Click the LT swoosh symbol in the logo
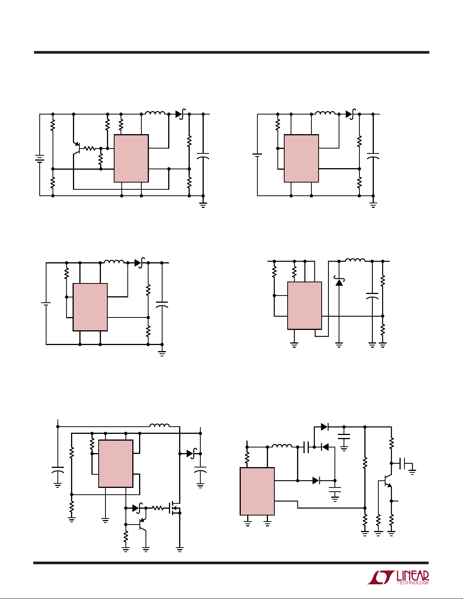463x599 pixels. point(380,577)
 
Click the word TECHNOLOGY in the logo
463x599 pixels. point(413,582)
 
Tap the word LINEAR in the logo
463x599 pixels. point(413,575)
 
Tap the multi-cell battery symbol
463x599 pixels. point(40,159)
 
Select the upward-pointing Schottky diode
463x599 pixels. point(339,281)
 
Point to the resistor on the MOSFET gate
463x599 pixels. point(158,508)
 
